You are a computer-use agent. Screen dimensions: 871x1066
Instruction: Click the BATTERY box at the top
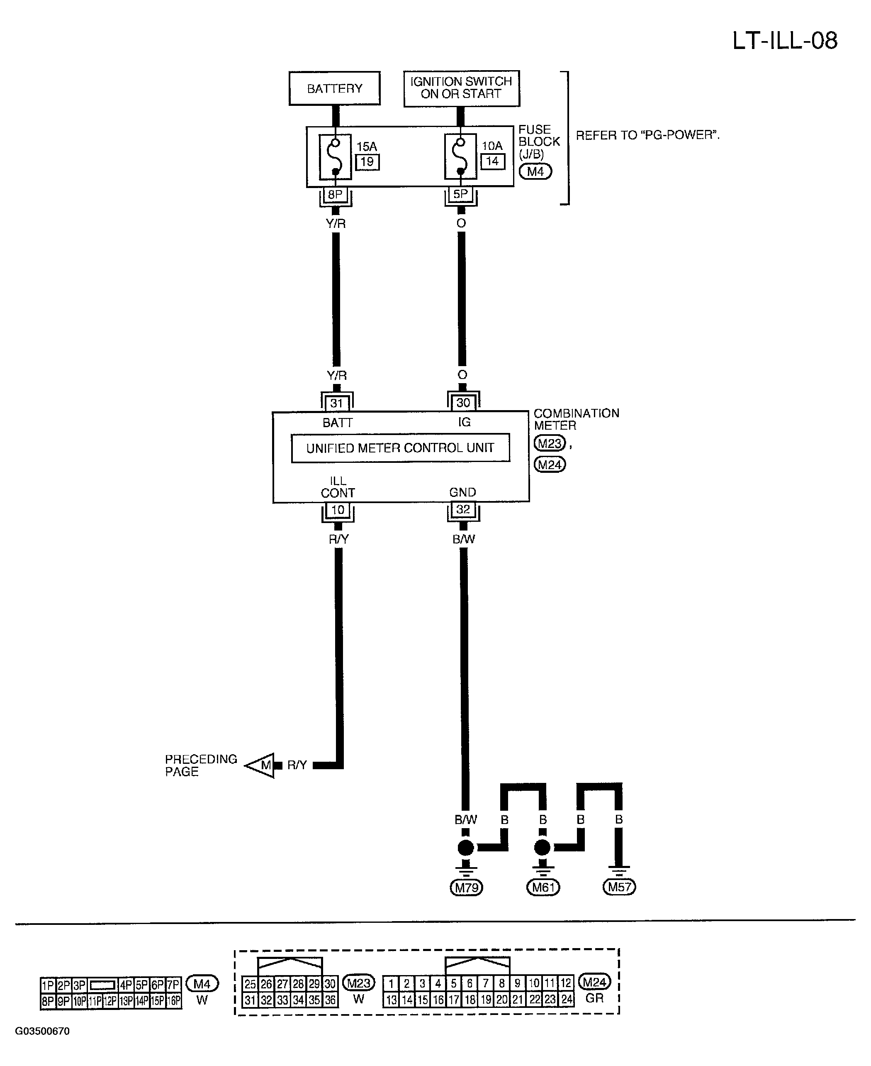point(334,88)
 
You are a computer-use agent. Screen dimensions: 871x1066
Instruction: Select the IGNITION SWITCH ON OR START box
point(461,88)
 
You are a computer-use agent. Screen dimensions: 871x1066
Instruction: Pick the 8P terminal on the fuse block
point(335,195)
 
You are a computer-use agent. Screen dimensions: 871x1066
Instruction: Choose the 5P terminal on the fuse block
point(460,194)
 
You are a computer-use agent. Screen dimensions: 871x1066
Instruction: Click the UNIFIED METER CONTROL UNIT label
point(400,448)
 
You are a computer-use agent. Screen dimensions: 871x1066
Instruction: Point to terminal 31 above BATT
point(337,403)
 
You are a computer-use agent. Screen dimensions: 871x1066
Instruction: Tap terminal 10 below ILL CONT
point(338,510)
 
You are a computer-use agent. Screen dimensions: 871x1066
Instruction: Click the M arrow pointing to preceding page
point(260,765)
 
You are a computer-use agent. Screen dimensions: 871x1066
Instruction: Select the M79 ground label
point(466,888)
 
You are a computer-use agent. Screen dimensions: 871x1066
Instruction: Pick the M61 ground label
point(543,888)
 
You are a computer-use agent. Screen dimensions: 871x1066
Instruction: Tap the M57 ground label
point(619,887)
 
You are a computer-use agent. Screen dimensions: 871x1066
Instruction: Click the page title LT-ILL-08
point(785,41)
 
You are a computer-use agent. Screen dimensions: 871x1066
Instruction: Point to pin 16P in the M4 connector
point(174,1001)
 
